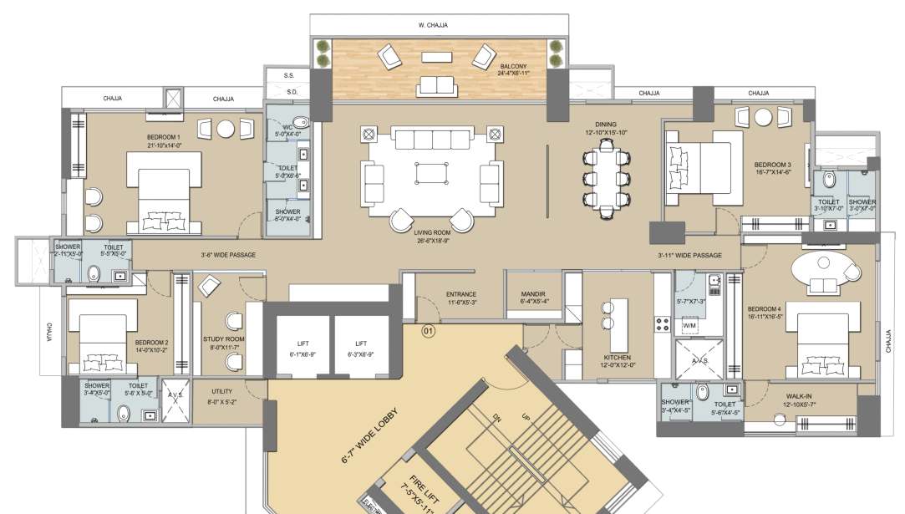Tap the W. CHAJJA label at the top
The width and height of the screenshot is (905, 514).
[x=433, y=25]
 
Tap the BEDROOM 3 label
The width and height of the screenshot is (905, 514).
[x=772, y=165]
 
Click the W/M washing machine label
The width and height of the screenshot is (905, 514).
[x=690, y=324]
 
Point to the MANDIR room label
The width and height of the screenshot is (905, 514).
[x=532, y=294]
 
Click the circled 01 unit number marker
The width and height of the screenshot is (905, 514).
[x=429, y=331]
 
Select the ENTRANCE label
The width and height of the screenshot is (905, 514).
[x=460, y=294]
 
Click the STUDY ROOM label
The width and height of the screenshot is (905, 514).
[x=223, y=339]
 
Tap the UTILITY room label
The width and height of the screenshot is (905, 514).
[x=221, y=391]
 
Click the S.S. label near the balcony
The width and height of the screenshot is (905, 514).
[x=292, y=76]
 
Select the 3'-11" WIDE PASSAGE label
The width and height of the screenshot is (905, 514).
[x=689, y=254]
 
